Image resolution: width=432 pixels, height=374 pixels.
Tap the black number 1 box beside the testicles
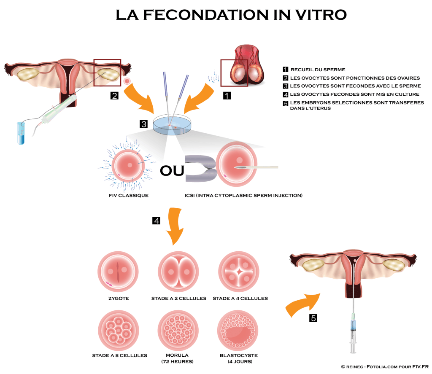click(227, 96)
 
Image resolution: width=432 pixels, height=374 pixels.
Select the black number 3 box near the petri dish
click(144, 124)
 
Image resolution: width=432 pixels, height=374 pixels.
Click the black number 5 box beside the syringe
click(313, 318)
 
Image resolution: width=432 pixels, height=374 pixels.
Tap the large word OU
click(172, 170)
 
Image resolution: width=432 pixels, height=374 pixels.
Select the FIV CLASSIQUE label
click(128, 196)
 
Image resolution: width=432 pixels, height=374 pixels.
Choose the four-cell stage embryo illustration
click(239, 272)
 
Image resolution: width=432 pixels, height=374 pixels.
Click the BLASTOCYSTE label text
click(239, 355)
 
